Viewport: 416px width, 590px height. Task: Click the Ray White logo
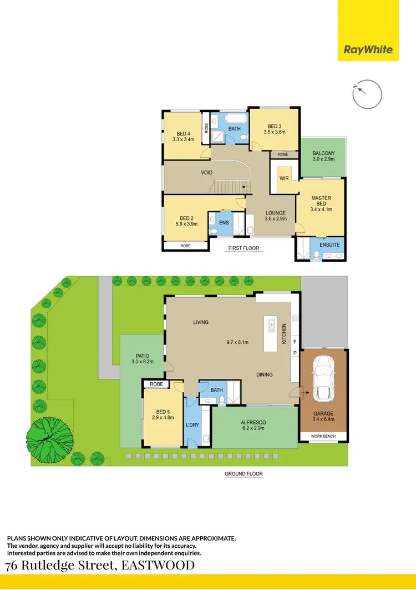pos(369,49)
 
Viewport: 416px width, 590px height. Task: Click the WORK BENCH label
pos(323,437)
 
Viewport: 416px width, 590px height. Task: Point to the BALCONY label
pos(323,153)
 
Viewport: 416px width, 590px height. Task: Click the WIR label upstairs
pos(284,179)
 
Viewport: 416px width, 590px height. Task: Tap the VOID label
pos(207,173)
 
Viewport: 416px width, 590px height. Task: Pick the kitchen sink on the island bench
pos(271,326)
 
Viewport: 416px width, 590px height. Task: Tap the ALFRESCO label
pos(255,422)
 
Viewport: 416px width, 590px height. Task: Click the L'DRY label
pos(192,425)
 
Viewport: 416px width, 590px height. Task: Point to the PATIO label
pos(142,356)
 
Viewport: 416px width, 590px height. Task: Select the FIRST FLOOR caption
pos(243,248)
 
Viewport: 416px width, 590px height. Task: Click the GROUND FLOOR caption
pos(243,474)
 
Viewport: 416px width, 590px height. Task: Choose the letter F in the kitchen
pos(295,341)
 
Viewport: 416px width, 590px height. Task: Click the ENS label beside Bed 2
pos(224,223)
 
